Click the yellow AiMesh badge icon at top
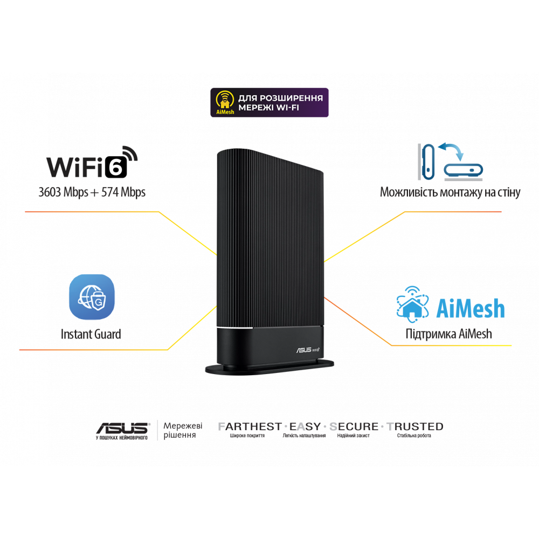click(225, 102)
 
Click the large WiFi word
click(74, 167)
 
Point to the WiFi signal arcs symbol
click(130, 154)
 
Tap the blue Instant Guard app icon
click(91, 297)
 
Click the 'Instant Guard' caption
click(91, 334)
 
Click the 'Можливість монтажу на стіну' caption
click(450, 192)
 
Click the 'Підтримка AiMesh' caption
click(448, 334)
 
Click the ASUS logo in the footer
click(122, 428)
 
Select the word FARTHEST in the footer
click(250, 427)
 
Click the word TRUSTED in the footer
click(414, 427)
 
